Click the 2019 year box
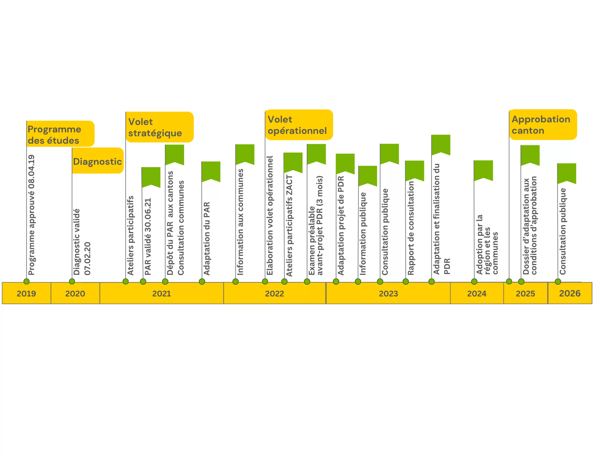point(26,293)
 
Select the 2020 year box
point(75,293)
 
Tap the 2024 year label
point(477,294)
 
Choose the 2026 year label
point(570,294)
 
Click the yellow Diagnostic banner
point(98,160)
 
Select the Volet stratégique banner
point(160,127)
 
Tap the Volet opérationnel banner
point(299,125)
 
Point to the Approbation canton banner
point(543,125)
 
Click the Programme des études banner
point(60,134)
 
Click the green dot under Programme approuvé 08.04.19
point(27,281)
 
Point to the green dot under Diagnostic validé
point(72,281)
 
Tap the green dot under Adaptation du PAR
point(202,282)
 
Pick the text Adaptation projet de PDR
point(341,226)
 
